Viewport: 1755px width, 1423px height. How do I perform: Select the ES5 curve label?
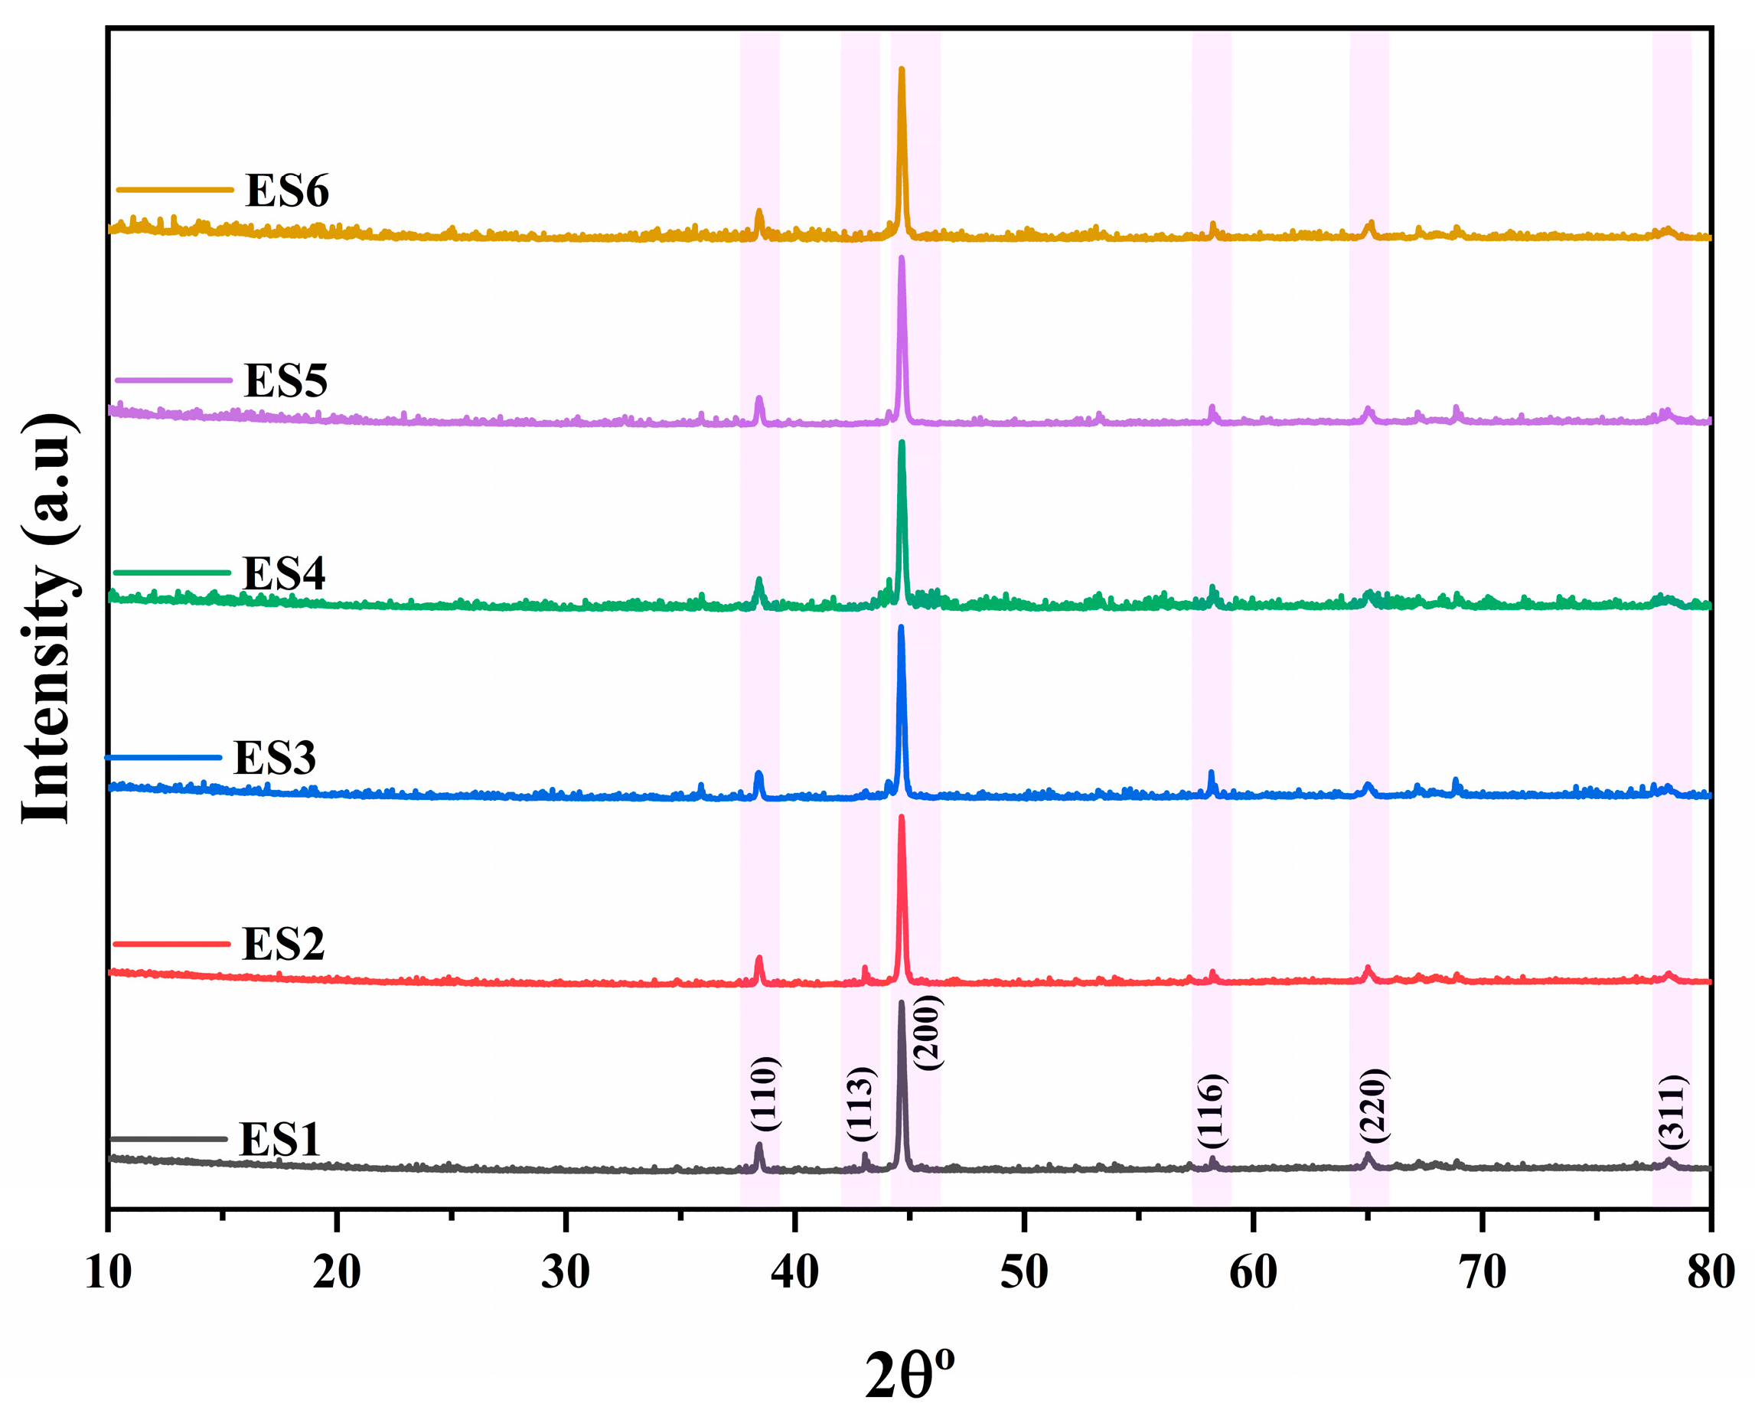(x=285, y=380)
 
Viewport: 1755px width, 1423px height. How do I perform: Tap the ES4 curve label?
(x=284, y=573)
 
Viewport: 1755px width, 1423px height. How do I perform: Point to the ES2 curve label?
(x=282, y=944)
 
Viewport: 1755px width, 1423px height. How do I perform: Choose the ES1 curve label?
(x=279, y=1138)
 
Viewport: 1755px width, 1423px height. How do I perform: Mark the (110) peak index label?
(x=764, y=1094)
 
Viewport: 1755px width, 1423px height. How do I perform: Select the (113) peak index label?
(x=862, y=1103)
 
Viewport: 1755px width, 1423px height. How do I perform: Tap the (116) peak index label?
(x=1210, y=1110)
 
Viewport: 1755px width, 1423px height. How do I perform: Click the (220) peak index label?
(x=1372, y=1105)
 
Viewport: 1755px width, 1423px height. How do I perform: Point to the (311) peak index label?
(x=1671, y=1111)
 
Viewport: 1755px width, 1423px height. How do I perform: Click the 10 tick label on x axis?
(x=108, y=1273)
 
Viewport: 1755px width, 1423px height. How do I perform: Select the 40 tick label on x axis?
(x=794, y=1273)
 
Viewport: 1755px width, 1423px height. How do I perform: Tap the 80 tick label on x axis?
(x=1710, y=1273)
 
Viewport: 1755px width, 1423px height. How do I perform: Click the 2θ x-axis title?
(x=909, y=1375)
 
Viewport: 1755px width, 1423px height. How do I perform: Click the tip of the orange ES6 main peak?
(x=902, y=70)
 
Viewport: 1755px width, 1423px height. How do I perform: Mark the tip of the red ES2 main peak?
(x=902, y=818)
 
